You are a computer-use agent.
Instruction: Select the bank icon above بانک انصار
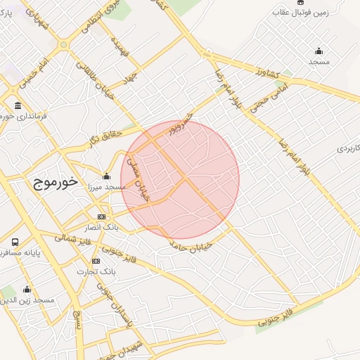[x=102, y=217]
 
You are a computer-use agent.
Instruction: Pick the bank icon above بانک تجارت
[x=96, y=261]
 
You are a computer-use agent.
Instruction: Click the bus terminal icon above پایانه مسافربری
[x=15, y=242]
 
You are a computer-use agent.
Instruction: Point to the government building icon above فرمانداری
[x=18, y=106]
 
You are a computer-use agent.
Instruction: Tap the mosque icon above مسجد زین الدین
[x=27, y=289]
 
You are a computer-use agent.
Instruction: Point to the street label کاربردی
[x=347, y=149]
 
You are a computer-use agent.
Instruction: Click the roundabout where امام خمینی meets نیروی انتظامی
[x=64, y=44]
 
